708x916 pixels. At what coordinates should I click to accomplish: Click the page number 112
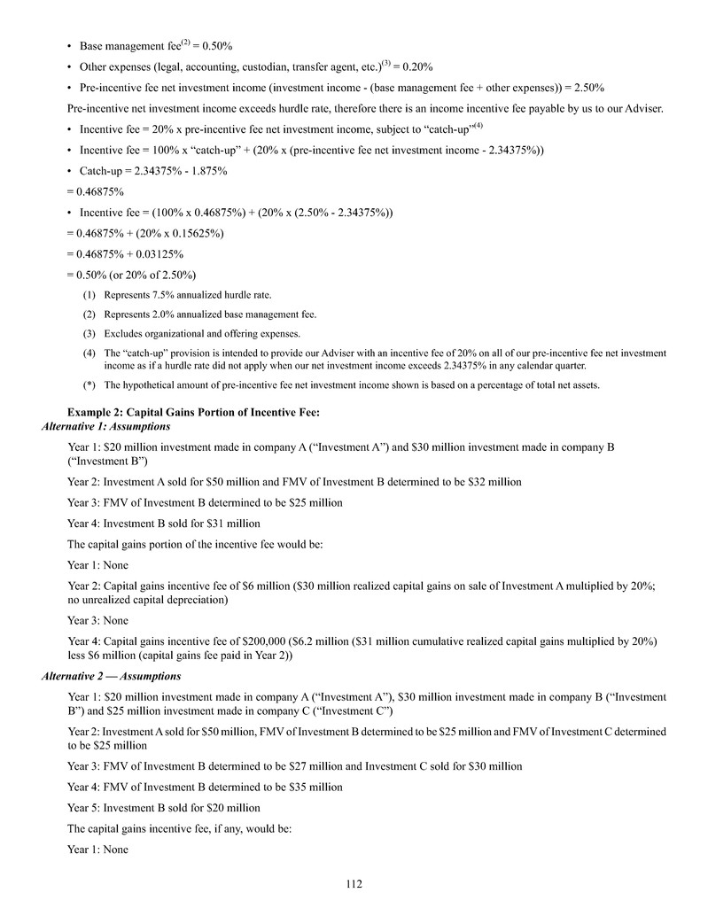pos(354,883)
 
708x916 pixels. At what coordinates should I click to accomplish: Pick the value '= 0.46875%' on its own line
pos(96,191)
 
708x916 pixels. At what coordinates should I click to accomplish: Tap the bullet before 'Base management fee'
pos(70,45)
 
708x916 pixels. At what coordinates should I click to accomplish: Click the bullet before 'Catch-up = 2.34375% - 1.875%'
pos(70,171)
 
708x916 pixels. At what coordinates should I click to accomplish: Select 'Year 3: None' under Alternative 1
pos(97,620)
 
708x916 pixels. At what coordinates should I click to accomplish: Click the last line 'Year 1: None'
pos(97,850)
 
